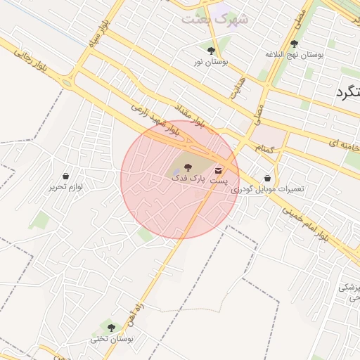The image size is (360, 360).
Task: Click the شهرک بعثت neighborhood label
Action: [x=214, y=19]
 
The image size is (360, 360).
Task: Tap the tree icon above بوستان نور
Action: [x=211, y=50]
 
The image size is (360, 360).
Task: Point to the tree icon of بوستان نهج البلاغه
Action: [x=294, y=44]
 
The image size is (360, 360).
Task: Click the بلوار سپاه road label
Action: [x=100, y=34]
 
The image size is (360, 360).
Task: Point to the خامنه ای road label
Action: [x=345, y=144]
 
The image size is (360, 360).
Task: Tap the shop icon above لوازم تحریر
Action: [x=65, y=176]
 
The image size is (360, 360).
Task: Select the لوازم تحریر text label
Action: [x=65, y=187]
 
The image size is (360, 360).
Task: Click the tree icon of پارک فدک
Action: [x=187, y=167]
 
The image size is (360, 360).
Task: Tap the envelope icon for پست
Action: [x=219, y=170]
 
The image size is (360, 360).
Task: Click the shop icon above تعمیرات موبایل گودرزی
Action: [x=267, y=179]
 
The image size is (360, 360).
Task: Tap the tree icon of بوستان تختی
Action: [x=110, y=327]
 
